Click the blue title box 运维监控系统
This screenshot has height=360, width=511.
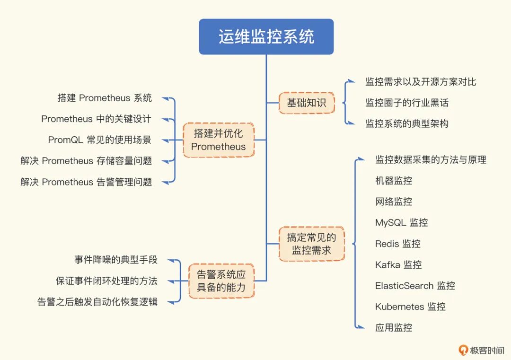tap(266, 37)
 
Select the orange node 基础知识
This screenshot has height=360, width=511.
tap(307, 102)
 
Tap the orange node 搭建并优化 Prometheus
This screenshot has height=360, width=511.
tap(219, 140)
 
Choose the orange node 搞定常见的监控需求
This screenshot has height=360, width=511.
tap(311, 244)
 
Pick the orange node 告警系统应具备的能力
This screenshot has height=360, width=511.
tap(221, 281)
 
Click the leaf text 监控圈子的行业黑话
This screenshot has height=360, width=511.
tap(407, 103)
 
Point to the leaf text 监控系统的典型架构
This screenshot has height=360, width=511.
tap(407, 124)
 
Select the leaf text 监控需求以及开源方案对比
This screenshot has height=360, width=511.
tap(421, 82)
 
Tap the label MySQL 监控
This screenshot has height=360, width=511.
tap(401, 222)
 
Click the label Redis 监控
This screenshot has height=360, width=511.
tap(397, 244)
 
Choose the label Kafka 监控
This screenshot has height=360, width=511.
tap(398, 264)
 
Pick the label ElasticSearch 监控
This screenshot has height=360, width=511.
tap(415, 286)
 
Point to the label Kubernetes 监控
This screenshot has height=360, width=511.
tap(410, 307)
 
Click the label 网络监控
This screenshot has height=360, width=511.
tap(393, 202)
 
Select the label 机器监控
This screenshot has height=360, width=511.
tap(393, 181)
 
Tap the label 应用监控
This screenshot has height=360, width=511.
tap(393, 327)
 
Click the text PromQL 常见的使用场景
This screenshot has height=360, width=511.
tap(100, 140)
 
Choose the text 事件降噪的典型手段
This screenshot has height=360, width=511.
tap(116, 260)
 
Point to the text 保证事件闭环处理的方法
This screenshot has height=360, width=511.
tap(106, 281)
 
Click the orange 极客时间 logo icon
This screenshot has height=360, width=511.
tap(463, 350)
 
